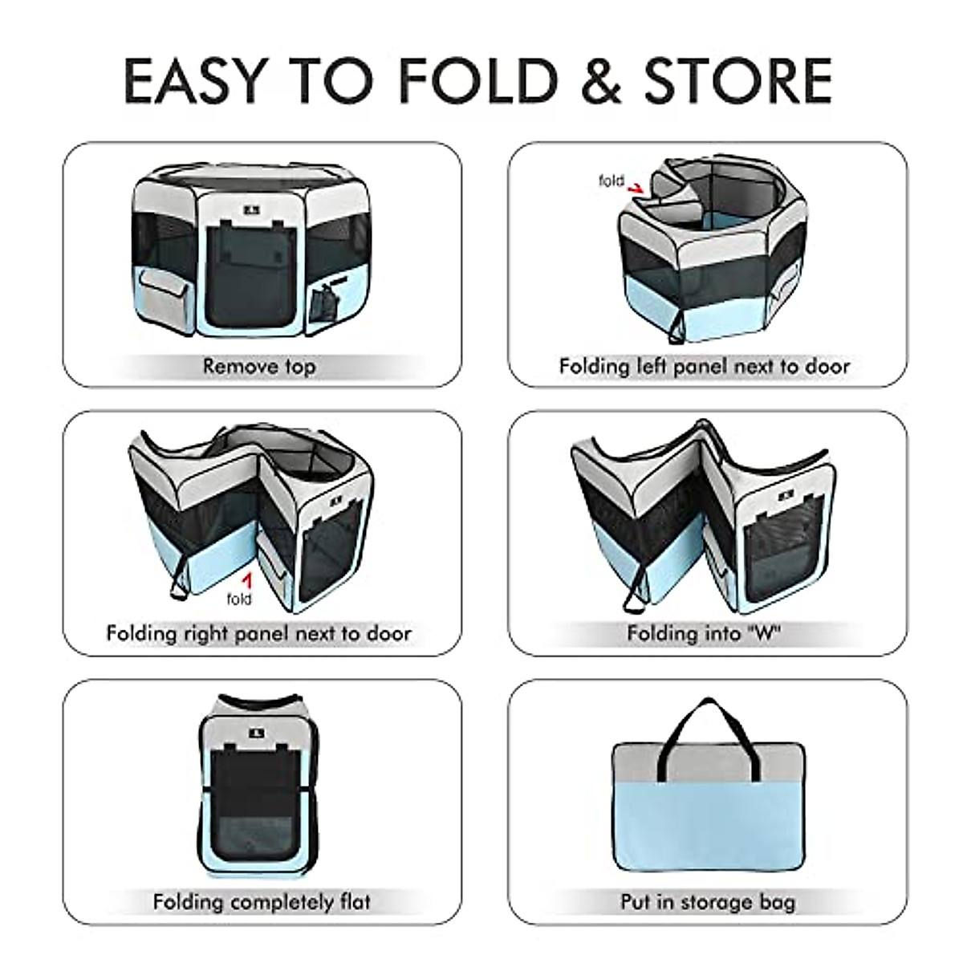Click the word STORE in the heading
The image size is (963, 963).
tap(738, 80)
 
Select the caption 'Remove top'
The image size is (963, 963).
tap(259, 367)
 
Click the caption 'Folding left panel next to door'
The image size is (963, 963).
tap(704, 367)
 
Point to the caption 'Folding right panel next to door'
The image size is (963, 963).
tap(258, 633)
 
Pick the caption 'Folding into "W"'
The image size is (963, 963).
tap(704, 633)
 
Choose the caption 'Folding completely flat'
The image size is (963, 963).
tap(262, 901)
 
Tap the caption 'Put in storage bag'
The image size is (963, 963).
tap(708, 901)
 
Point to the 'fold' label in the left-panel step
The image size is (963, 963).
tap(612, 181)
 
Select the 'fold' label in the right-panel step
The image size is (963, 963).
tap(239, 599)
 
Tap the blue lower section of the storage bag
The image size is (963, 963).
tap(708, 827)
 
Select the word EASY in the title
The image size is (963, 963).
tap(195, 80)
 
